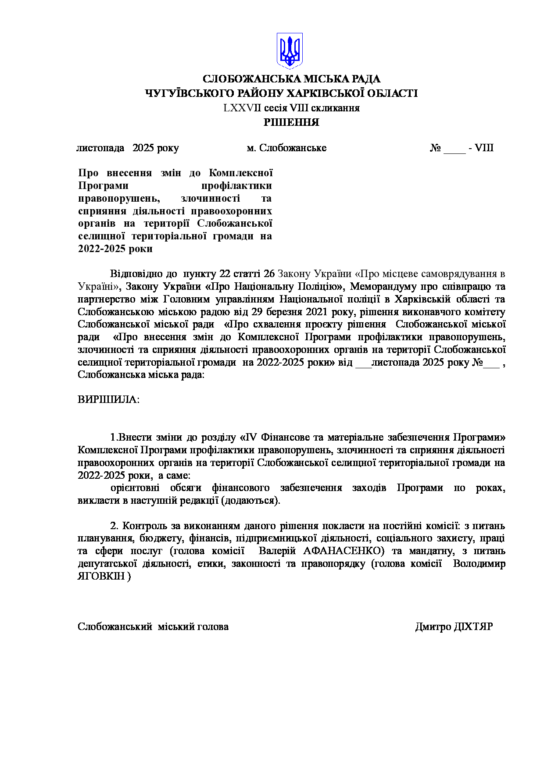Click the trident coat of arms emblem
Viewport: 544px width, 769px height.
[290, 50]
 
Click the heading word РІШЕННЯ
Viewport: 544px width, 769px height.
[291, 122]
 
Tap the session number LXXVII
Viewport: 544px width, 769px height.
[242, 108]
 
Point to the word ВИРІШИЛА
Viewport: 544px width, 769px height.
[108, 400]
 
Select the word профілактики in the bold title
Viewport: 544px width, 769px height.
[236, 186]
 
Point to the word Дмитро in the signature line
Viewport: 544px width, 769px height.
[433, 627]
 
